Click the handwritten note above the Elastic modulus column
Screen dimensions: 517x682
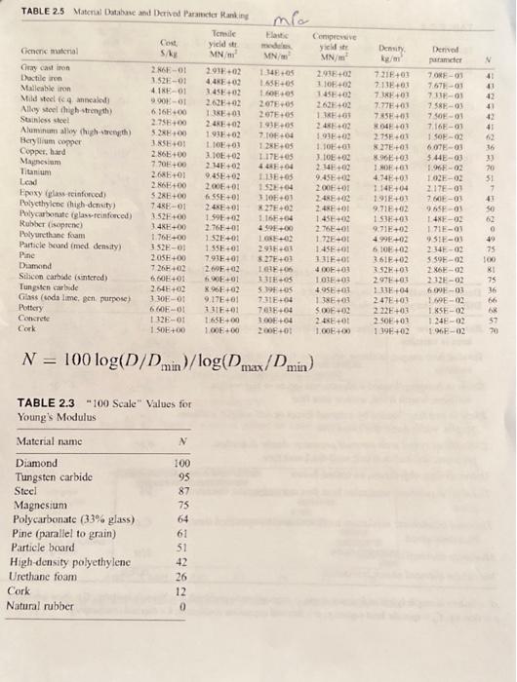pyautogui.click(x=262, y=12)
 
